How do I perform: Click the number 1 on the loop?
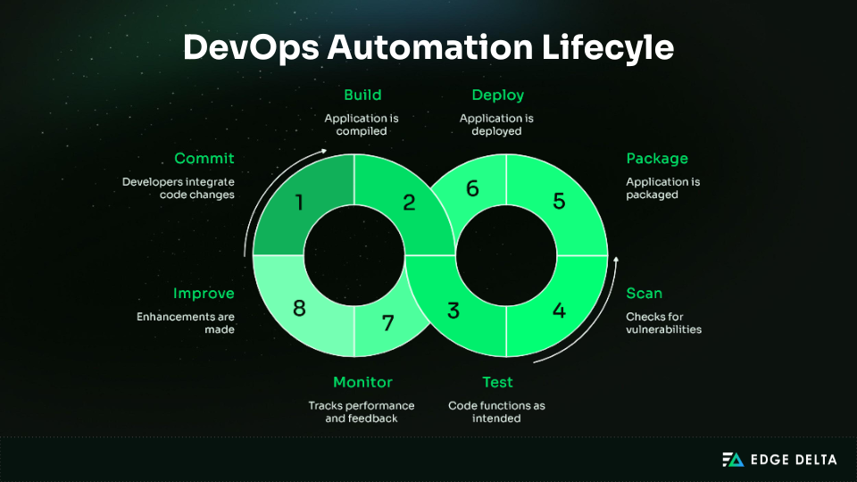click(x=299, y=203)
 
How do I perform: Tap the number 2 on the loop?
click(x=409, y=203)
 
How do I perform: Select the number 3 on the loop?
click(x=453, y=311)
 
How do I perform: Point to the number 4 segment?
click(x=559, y=311)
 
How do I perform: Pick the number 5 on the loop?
click(x=559, y=201)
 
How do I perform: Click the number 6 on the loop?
click(x=473, y=188)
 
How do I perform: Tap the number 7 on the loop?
click(x=387, y=323)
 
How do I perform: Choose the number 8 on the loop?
click(x=299, y=309)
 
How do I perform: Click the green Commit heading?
click(x=204, y=159)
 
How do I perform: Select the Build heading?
click(x=362, y=95)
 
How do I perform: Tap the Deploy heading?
click(x=497, y=95)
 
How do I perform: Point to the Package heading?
click(x=657, y=159)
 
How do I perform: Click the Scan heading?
click(x=644, y=293)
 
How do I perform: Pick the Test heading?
click(x=497, y=382)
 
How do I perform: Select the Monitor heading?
click(x=362, y=382)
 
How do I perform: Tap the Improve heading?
click(x=204, y=293)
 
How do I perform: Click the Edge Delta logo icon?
click(x=732, y=460)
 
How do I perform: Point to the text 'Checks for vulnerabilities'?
click(x=663, y=322)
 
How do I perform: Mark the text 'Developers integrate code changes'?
click(x=179, y=187)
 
